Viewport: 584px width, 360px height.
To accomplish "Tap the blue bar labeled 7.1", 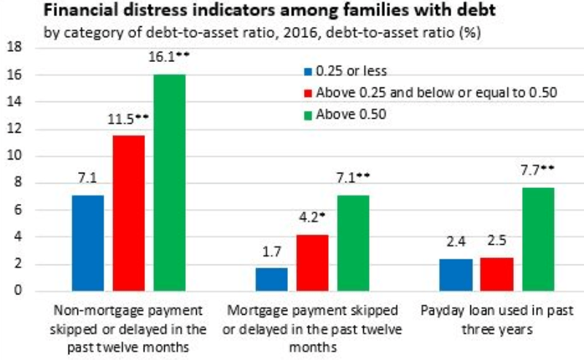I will click(x=87, y=243).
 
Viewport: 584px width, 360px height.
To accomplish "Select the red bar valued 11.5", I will click(x=128, y=214).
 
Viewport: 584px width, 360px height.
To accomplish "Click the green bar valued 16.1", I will click(x=168, y=183).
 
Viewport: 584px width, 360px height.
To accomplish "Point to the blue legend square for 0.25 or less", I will click(x=307, y=71).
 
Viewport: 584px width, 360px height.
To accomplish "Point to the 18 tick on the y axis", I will click(x=16, y=47).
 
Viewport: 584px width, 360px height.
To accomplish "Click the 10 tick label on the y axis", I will click(x=16, y=156).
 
